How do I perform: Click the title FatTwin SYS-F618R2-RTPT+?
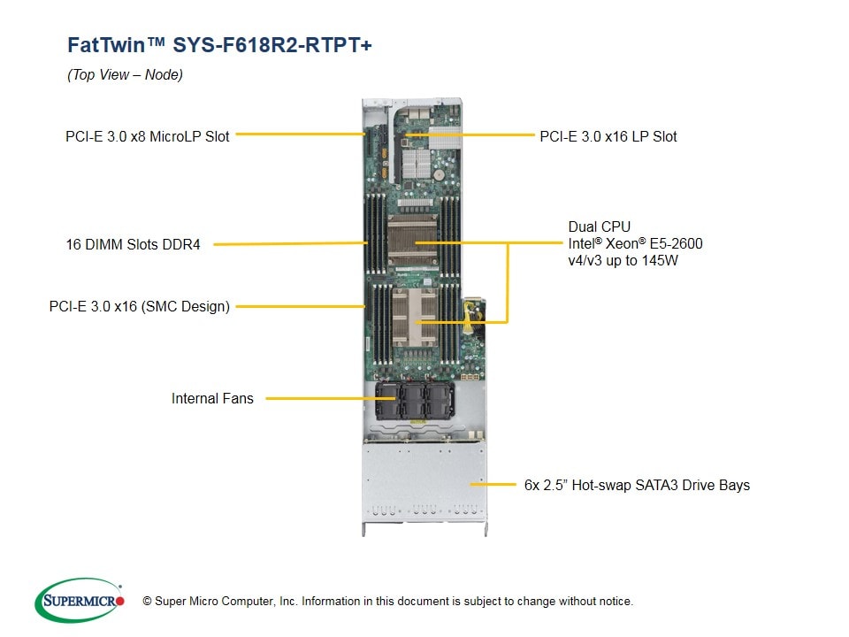219,45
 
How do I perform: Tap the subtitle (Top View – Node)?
125,74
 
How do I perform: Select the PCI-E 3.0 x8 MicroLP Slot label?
148,136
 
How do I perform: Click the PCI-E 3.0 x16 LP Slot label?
608,136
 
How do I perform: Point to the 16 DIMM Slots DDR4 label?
133,244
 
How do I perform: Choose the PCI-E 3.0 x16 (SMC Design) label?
139,307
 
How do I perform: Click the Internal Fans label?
212,399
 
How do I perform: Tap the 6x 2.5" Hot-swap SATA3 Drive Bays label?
637,485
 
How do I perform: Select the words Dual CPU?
599,226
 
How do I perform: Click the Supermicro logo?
80,600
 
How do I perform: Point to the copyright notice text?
387,602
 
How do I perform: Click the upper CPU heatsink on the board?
413,240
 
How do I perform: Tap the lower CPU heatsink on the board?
414,318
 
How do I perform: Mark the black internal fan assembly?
415,401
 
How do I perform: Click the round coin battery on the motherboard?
439,175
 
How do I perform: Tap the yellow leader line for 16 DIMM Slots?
291,244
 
